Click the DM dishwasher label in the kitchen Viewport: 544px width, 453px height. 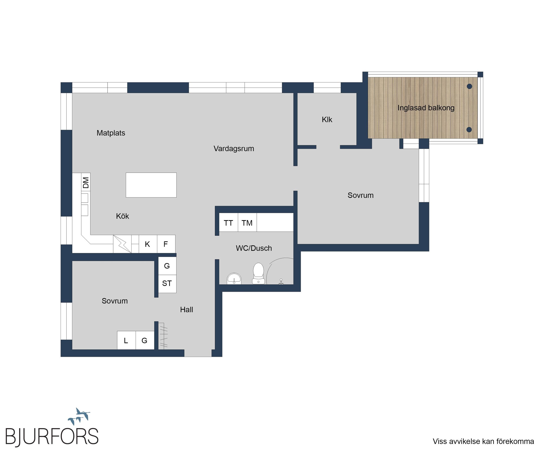(x=86, y=183)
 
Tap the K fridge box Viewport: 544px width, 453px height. (x=148, y=244)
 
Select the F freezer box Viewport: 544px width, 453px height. (x=166, y=244)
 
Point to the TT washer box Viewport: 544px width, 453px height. (x=228, y=222)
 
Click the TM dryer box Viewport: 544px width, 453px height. (x=247, y=222)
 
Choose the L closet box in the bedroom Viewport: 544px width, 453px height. (x=126, y=340)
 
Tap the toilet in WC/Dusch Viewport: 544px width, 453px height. (x=258, y=273)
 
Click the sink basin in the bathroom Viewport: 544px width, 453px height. (x=234, y=279)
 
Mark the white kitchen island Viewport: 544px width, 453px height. (x=151, y=185)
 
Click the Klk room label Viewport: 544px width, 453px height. (x=327, y=120)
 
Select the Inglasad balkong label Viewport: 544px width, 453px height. (x=426, y=108)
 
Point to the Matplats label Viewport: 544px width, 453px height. (x=111, y=133)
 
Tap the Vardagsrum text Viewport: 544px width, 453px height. (x=234, y=149)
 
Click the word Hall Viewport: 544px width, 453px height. (x=186, y=310)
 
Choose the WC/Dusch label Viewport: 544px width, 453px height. (x=254, y=248)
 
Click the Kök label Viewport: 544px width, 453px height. (x=122, y=216)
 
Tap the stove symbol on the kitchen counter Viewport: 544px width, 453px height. (x=122, y=244)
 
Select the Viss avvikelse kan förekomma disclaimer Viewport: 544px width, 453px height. (x=483, y=441)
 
